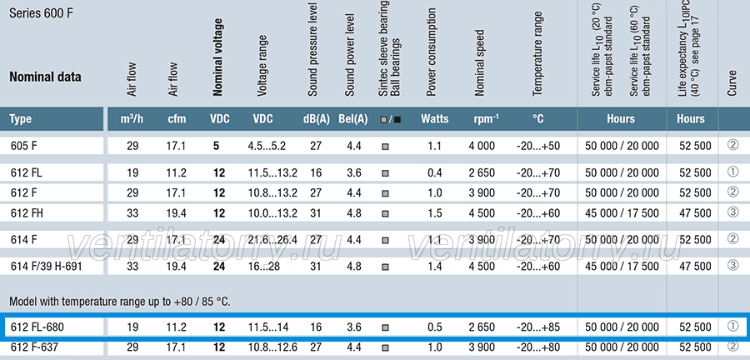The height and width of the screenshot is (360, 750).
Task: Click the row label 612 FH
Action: coord(27,213)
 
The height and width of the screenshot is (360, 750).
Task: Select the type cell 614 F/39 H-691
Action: coord(47,266)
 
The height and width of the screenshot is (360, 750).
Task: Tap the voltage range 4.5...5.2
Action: coord(267,146)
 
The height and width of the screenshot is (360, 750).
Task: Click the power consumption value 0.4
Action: coord(435,172)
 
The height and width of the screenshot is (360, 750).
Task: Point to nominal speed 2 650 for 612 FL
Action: coord(482,172)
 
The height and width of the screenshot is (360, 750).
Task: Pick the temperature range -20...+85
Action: coord(538,327)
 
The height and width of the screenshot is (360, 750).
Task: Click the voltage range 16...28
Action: coord(264,266)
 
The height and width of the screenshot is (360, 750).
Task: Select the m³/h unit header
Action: coord(132,119)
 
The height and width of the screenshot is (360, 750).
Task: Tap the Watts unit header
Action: coord(435,118)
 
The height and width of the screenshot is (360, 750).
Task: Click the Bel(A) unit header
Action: coord(353,119)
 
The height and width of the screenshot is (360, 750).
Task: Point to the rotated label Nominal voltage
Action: coord(217,57)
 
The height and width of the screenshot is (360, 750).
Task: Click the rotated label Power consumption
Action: coord(432,53)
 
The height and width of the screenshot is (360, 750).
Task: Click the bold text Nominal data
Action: coord(46,77)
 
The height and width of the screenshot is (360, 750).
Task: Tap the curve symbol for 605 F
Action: coord(732,145)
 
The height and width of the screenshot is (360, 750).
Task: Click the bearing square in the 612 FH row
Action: coord(385,214)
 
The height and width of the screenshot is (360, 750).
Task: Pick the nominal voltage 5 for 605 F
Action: coord(216,146)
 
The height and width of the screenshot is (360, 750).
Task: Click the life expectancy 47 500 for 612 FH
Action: coord(695,213)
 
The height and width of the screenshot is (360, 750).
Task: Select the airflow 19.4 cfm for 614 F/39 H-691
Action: coord(177,266)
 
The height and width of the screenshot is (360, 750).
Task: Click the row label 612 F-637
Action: coord(34,347)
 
